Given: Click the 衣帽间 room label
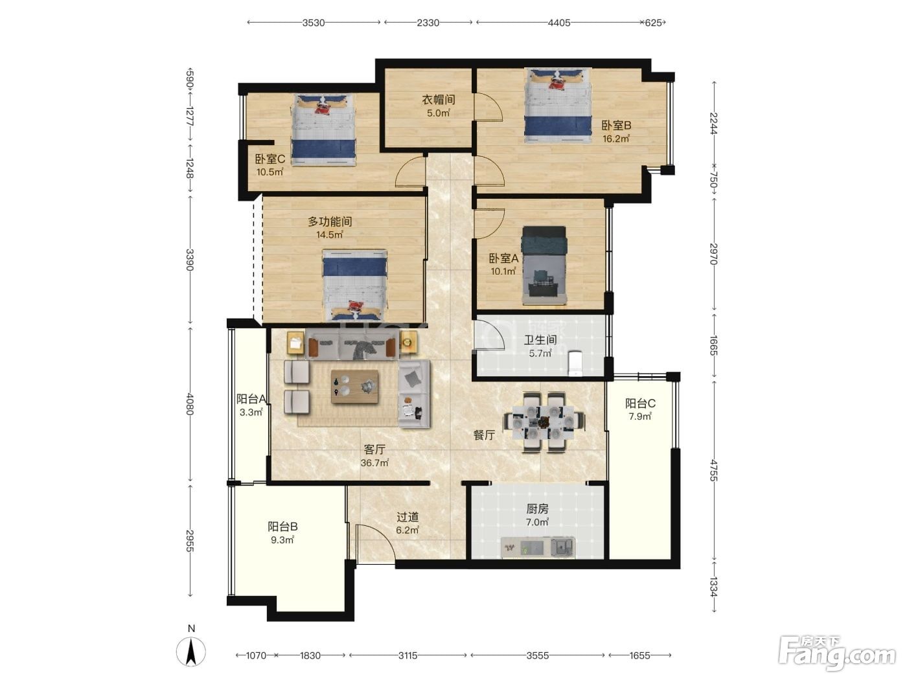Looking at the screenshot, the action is [439, 100].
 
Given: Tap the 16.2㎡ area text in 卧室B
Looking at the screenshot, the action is [616, 139].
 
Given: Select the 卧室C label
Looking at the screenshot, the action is [270, 159].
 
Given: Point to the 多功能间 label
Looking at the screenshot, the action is [330, 221].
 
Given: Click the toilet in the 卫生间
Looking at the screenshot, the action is [575, 363].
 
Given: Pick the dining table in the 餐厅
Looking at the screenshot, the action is [543, 422].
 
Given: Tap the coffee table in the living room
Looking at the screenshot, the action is [354, 386].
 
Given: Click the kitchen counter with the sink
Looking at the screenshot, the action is [538, 547].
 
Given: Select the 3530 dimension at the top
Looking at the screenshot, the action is [313, 23].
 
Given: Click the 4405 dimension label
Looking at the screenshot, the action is [558, 23].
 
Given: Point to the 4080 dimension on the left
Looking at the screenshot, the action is [190, 404].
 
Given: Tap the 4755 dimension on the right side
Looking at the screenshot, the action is [714, 470].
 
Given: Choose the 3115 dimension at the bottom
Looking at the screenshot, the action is [408, 655].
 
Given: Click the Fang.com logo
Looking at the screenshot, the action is [837, 653].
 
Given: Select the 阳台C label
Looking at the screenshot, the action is [640, 403].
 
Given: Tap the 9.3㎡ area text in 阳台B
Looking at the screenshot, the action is [282, 539].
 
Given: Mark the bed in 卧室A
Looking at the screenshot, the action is [544, 266].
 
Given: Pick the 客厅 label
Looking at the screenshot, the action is [374, 449].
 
